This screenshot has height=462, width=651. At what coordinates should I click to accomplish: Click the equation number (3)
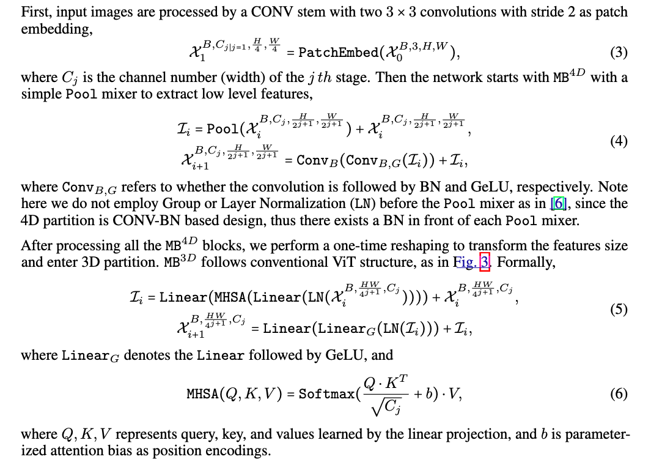pos(619,53)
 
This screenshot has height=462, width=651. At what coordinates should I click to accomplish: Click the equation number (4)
pos(619,141)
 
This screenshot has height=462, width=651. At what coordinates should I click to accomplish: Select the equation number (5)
pos(619,309)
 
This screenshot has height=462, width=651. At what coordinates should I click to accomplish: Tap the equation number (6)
pos(619,393)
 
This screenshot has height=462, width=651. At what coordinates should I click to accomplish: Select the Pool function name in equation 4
pos(223,129)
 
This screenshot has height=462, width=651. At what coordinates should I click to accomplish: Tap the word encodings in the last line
pos(240,451)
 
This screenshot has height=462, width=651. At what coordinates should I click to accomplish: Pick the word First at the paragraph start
pos(34,12)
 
